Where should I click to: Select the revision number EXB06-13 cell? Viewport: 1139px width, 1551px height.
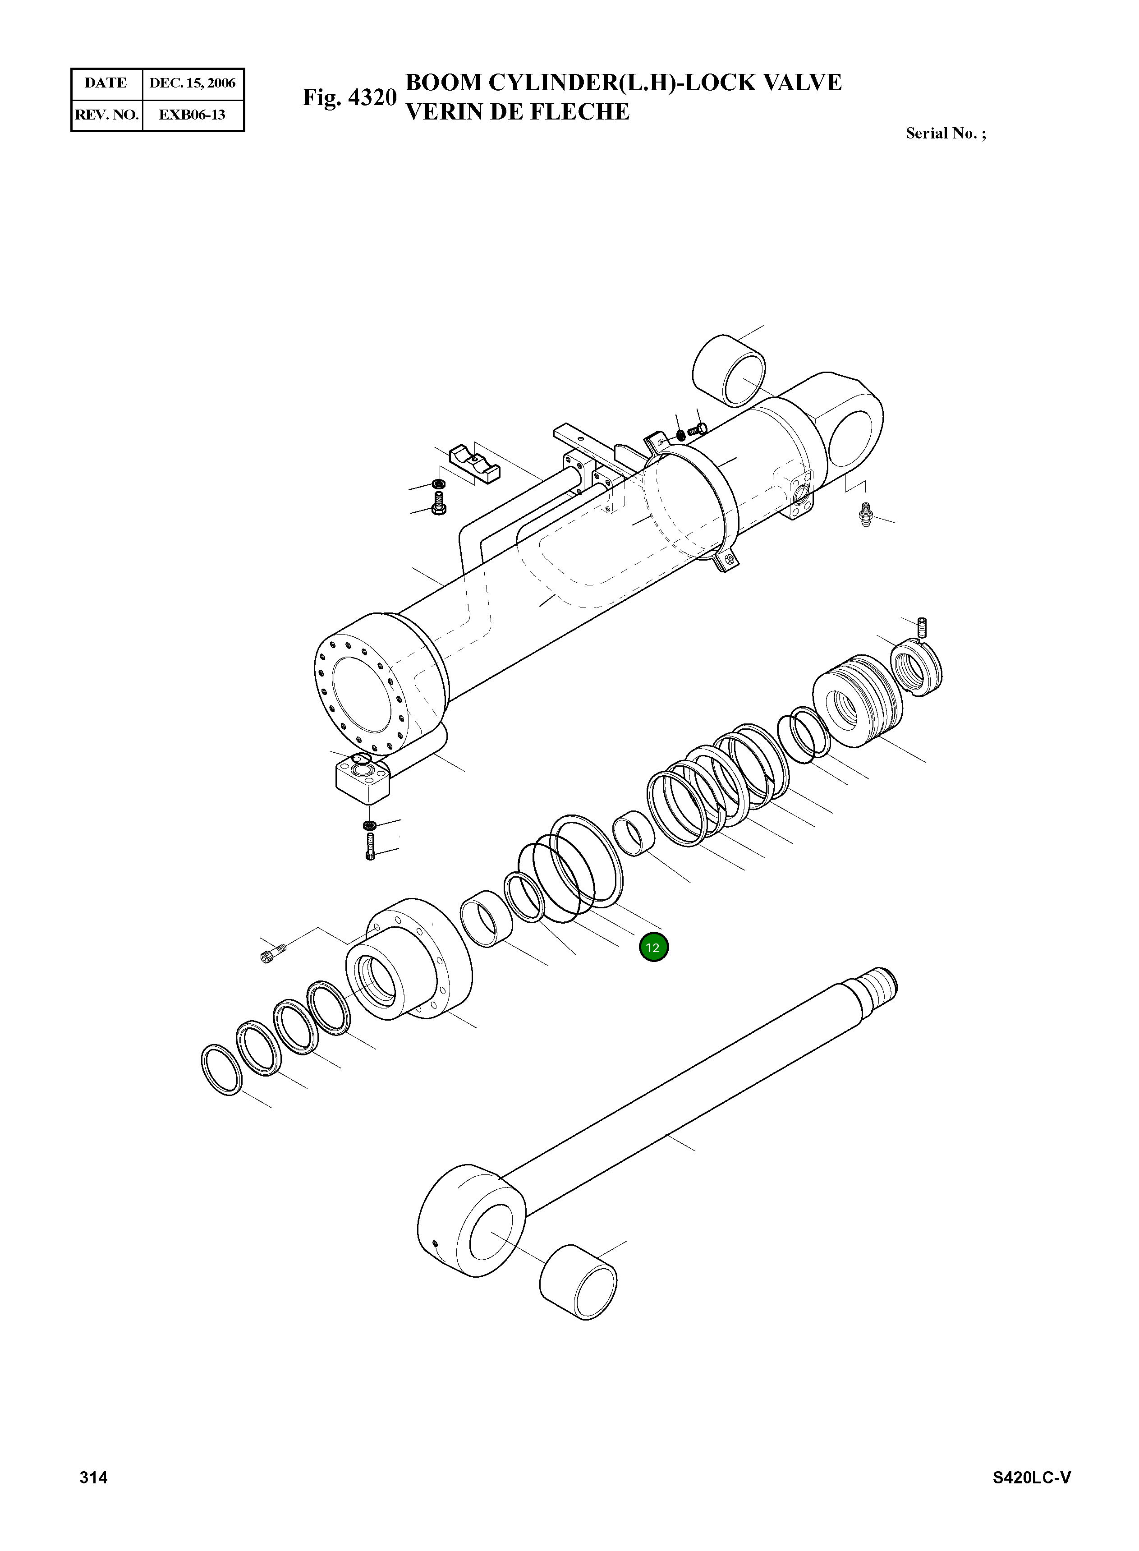[x=193, y=115]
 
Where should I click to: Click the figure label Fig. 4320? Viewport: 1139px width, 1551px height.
[x=349, y=97]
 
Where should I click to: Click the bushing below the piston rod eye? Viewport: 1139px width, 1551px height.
[x=578, y=1282]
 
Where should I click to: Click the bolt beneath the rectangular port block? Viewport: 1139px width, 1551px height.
[x=370, y=846]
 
